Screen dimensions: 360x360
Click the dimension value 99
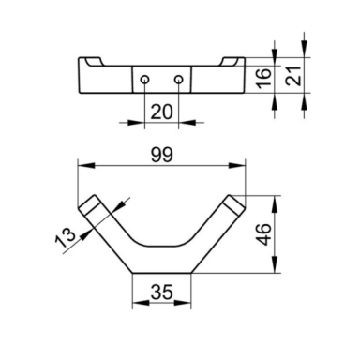[162, 155]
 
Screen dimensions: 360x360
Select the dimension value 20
[161, 112]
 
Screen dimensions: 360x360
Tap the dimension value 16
[264, 78]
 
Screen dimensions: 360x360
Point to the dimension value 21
[293, 76]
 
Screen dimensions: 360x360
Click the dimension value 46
[263, 234]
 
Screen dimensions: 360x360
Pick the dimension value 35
[161, 292]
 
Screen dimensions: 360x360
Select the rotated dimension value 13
[66, 237]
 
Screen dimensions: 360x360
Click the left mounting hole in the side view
[144, 80]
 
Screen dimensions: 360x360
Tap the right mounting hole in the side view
[178, 80]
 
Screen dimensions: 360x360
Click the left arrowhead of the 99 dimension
[86, 166]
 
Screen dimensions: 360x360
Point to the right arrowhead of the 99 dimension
[237, 166]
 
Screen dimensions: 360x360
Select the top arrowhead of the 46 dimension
[275, 204]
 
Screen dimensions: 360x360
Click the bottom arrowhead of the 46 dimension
[275, 264]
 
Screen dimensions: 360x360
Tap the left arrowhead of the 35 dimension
[141, 303]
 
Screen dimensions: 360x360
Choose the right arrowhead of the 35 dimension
[183, 303]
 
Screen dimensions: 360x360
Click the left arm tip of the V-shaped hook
[89, 204]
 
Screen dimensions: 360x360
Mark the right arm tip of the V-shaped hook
[234, 204]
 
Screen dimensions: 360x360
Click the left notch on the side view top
[95, 62]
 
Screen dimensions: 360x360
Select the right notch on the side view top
[229, 62]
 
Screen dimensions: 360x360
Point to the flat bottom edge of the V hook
[162, 273]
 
